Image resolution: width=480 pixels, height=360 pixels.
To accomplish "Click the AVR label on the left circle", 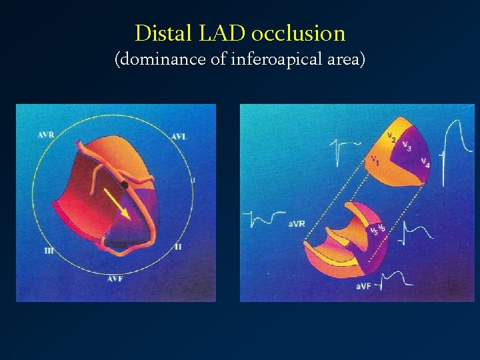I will click(x=46, y=135).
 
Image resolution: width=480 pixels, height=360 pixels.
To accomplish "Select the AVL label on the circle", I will click(x=179, y=137).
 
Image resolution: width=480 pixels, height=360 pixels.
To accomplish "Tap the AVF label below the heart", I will click(x=115, y=278).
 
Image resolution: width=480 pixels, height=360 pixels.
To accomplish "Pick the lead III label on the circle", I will click(x=49, y=251).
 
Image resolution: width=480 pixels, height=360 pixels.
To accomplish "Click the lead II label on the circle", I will click(x=177, y=247).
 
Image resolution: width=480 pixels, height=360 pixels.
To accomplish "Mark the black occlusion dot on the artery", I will click(x=124, y=184).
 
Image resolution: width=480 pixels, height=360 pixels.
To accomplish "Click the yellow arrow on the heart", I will click(x=117, y=203).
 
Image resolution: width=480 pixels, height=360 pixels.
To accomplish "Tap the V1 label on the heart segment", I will click(x=375, y=160).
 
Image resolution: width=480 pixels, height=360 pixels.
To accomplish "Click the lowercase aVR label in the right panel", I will click(x=297, y=224).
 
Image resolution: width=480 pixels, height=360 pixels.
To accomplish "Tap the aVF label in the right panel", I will click(x=363, y=286).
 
